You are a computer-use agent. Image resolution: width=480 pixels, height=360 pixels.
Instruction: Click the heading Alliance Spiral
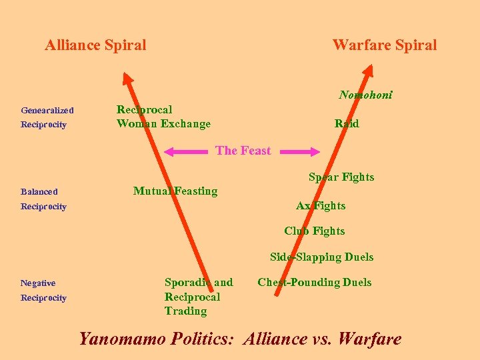tap(95, 45)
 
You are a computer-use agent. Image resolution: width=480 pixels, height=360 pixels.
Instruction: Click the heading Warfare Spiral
tap(385, 45)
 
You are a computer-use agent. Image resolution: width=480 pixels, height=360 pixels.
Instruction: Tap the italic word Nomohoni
tap(365, 95)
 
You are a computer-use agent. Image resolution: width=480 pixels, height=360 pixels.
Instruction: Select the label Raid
tap(347, 123)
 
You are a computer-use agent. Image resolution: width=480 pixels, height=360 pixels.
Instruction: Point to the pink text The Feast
tap(243, 151)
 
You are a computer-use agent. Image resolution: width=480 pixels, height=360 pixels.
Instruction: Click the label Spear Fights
tap(341, 177)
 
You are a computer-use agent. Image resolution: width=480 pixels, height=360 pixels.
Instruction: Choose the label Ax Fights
tap(321, 205)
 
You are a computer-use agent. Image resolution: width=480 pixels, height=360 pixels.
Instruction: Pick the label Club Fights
tap(315, 231)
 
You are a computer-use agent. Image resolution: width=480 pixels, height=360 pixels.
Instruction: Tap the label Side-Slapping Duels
tap(321, 257)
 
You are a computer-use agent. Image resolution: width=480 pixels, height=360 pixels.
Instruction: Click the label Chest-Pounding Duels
tap(315, 282)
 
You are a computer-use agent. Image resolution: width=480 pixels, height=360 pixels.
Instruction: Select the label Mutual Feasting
tap(175, 191)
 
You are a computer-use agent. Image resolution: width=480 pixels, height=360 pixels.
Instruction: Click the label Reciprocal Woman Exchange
tap(163, 117)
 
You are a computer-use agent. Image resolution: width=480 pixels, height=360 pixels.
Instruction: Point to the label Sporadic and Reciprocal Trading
tap(199, 297)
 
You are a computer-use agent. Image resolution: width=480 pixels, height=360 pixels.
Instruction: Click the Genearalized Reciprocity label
tap(47, 117)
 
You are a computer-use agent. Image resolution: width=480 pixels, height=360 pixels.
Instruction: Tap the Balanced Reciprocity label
tap(43, 199)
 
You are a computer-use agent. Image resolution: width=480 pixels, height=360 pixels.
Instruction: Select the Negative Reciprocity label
tap(43, 290)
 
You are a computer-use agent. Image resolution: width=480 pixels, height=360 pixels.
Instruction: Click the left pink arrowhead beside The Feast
tap(170, 152)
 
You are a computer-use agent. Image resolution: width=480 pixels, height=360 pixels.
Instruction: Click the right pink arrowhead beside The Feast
tap(316, 152)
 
